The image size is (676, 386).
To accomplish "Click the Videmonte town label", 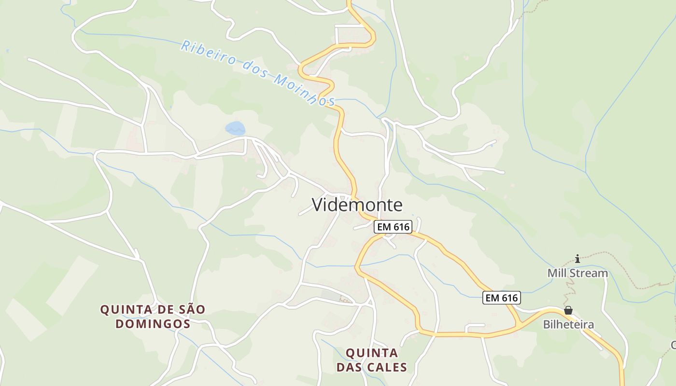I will [357, 205].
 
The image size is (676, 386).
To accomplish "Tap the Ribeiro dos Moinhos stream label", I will [259, 73].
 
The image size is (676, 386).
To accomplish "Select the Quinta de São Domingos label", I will [153, 317].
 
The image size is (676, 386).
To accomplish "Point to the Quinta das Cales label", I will [372, 360].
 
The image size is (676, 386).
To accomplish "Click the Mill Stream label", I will [577, 273].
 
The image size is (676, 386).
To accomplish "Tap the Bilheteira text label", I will [568, 324].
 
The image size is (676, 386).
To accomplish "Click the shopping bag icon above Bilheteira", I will [568, 310].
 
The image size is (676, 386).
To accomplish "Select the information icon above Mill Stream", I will [577, 259].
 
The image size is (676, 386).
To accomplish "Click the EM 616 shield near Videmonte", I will [393, 227].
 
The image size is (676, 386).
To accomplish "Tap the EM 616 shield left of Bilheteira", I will [502, 298].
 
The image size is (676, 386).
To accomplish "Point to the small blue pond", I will [235, 128].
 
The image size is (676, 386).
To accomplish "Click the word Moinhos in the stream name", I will [304, 90].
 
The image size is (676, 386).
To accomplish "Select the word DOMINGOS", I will [153, 324].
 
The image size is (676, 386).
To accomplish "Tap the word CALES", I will [387, 367].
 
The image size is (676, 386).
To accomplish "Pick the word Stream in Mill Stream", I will [588, 273].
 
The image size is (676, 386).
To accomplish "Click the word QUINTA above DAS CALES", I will [372, 353].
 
